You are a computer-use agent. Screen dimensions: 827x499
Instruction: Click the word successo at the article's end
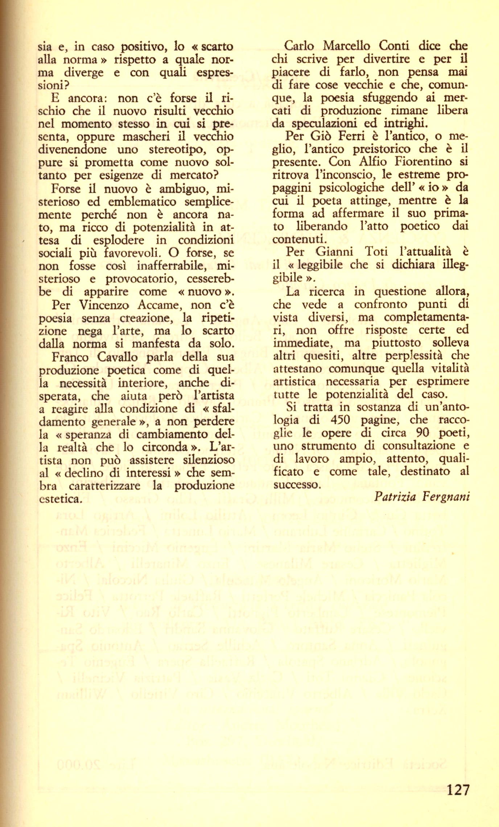pyautogui.click(x=297, y=485)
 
